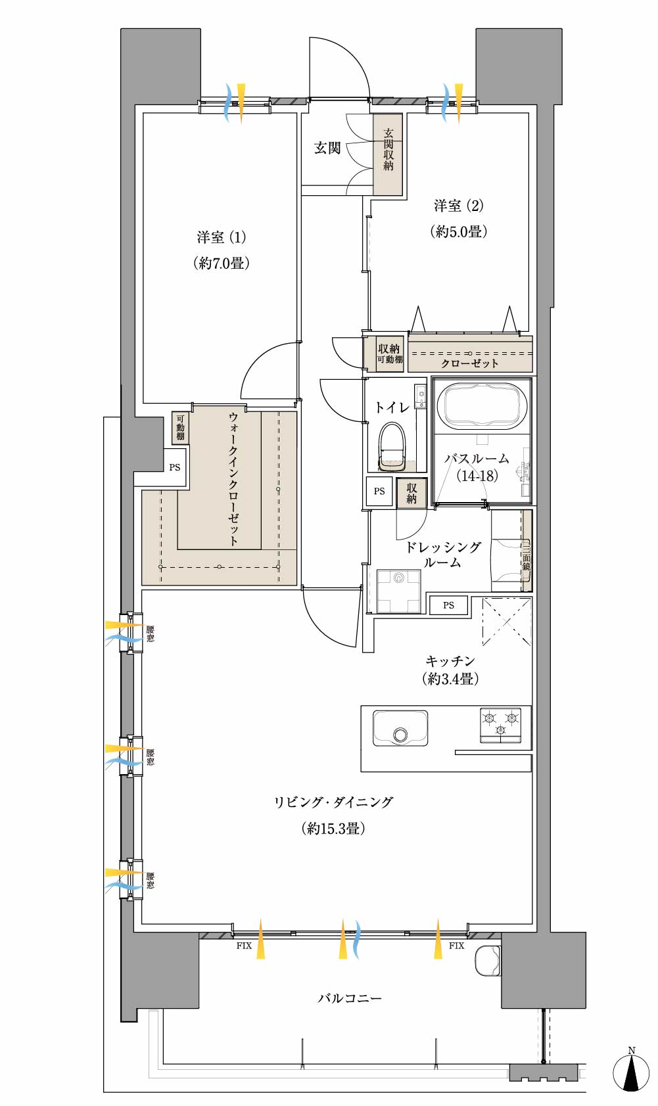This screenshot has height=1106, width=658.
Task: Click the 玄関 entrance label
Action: (x=327, y=148)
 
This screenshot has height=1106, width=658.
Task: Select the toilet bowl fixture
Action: (x=392, y=446)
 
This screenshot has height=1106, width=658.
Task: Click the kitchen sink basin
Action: (x=400, y=727)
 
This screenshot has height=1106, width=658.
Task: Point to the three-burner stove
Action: (x=500, y=724)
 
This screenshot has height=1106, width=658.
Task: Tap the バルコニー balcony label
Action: (x=349, y=998)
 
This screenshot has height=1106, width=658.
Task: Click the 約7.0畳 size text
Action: (x=222, y=263)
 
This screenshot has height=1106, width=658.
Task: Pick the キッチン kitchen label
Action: (x=450, y=660)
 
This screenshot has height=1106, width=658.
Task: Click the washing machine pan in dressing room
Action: (x=398, y=591)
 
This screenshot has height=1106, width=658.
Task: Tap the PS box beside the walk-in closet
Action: (x=174, y=467)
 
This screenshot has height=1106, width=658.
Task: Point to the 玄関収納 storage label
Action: (x=388, y=150)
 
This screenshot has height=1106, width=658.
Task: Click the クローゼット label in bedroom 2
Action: (x=470, y=363)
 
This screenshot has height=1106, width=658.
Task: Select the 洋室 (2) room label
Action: (x=458, y=206)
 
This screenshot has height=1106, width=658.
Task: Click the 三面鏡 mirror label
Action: (x=526, y=557)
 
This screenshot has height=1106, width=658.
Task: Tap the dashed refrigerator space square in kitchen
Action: (x=507, y=622)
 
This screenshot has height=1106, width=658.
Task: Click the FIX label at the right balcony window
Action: (x=456, y=946)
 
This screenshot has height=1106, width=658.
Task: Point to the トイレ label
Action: (x=392, y=407)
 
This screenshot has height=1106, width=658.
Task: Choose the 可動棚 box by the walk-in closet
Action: (x=180, y=428)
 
